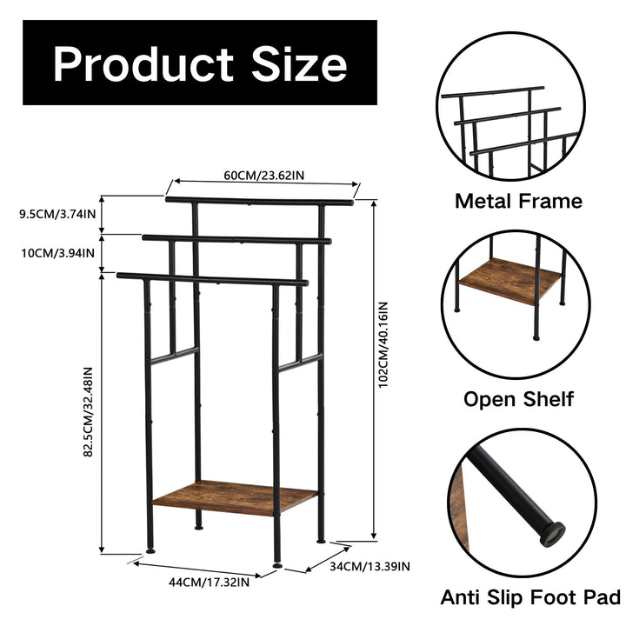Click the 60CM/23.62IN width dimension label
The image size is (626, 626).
click(263, 176)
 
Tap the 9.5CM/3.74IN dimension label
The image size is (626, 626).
click(58, 213)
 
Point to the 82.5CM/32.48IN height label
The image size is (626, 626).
click(89, 412)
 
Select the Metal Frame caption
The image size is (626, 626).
click(518, 202)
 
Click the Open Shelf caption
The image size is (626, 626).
click(518, 399)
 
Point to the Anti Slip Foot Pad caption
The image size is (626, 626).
click(530, 597)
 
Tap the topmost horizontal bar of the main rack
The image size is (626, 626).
click(259, 203)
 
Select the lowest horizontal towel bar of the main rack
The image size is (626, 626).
click(212, 280)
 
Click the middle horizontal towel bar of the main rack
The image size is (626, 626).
click(236, 239)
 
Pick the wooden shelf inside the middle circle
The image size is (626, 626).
click(511, 281)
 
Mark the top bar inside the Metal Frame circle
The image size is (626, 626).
click(492, 91)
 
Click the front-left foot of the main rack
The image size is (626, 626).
click(151, 549)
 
